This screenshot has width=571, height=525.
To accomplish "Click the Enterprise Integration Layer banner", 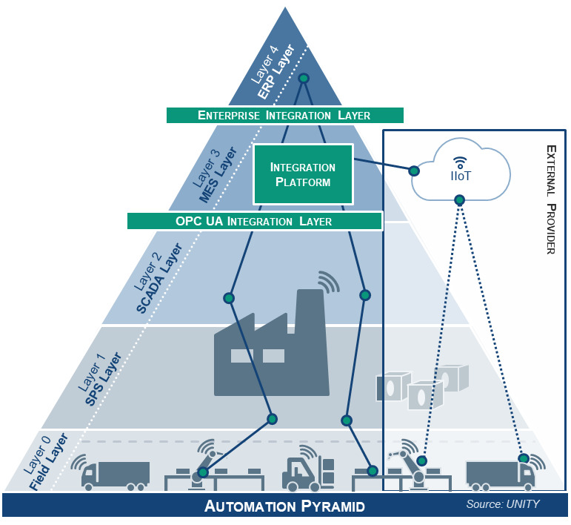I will tap(284, 115).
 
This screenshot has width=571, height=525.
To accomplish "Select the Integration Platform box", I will tap(302, 174).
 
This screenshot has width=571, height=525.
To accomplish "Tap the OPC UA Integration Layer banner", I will tap(254, 221).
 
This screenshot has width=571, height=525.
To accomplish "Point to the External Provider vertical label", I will tap(550, 199).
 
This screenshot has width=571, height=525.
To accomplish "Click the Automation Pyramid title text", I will tap(284, 508).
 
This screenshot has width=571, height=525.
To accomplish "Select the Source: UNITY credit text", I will tap(502, 505).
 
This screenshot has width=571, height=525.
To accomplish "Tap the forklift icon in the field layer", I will tap(308, 469).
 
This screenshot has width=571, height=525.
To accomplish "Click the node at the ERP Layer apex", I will tap(303, 78).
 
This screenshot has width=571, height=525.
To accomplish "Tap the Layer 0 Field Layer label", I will tap(44, 463).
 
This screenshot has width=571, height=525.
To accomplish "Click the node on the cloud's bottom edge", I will tap(460, 199).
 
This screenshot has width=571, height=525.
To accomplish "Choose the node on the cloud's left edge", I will tap(414, 171).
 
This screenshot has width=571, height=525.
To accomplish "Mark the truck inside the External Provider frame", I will tap(501, 474).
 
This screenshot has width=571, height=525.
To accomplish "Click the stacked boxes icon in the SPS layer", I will tap(422, 386).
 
